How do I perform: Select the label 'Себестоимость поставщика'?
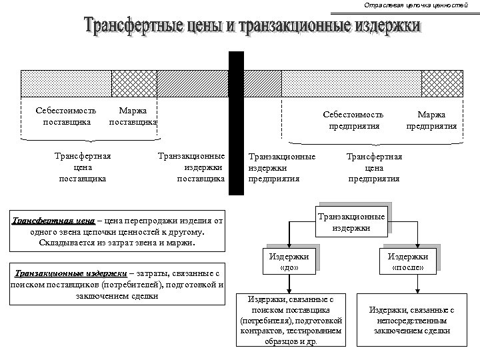point(66,116)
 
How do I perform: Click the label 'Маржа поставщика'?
point(133,116)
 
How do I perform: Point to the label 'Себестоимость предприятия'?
point(353,120)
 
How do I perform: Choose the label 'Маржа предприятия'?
point(431,120)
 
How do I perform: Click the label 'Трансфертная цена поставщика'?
point(82,167)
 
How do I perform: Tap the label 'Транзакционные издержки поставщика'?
point(191,167)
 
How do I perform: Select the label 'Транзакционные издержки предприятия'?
point(281,167)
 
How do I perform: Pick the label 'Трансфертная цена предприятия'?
point(374,167)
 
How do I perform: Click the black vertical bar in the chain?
point(236,123)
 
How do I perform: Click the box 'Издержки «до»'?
point(288,261)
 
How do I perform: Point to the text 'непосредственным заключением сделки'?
point(412,325)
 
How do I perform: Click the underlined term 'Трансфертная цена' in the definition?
point(53,221)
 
